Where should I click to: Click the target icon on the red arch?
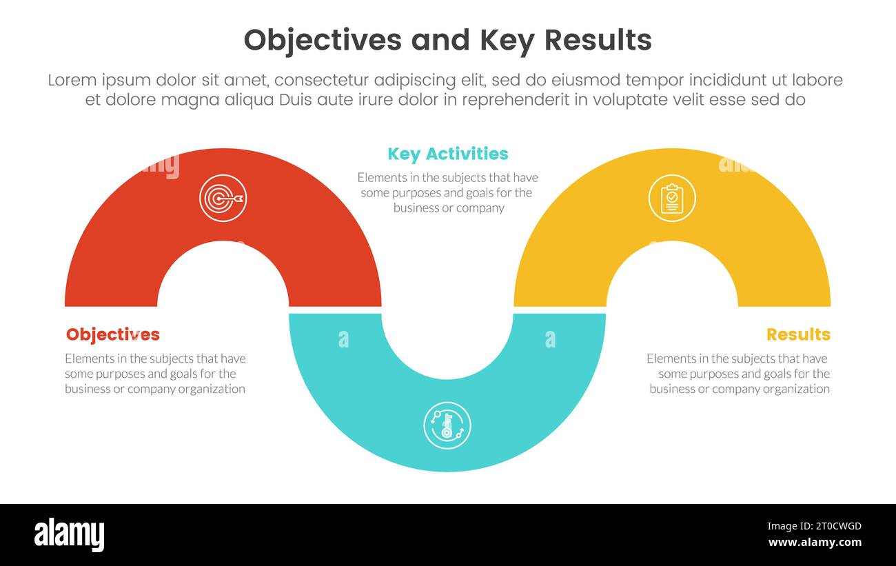[223, 199]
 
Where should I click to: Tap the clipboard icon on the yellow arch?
[672, 199]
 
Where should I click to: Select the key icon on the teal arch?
[447, 425]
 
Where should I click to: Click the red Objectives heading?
[113, 334]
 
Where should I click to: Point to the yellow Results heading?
[798, 334]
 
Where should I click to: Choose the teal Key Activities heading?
[448, 154]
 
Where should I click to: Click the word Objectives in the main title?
[323, 40]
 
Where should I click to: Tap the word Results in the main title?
[598, 40]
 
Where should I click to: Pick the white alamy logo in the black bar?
[70, 535]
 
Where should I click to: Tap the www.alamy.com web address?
[815, 543]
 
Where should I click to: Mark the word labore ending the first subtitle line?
[817, 80]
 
